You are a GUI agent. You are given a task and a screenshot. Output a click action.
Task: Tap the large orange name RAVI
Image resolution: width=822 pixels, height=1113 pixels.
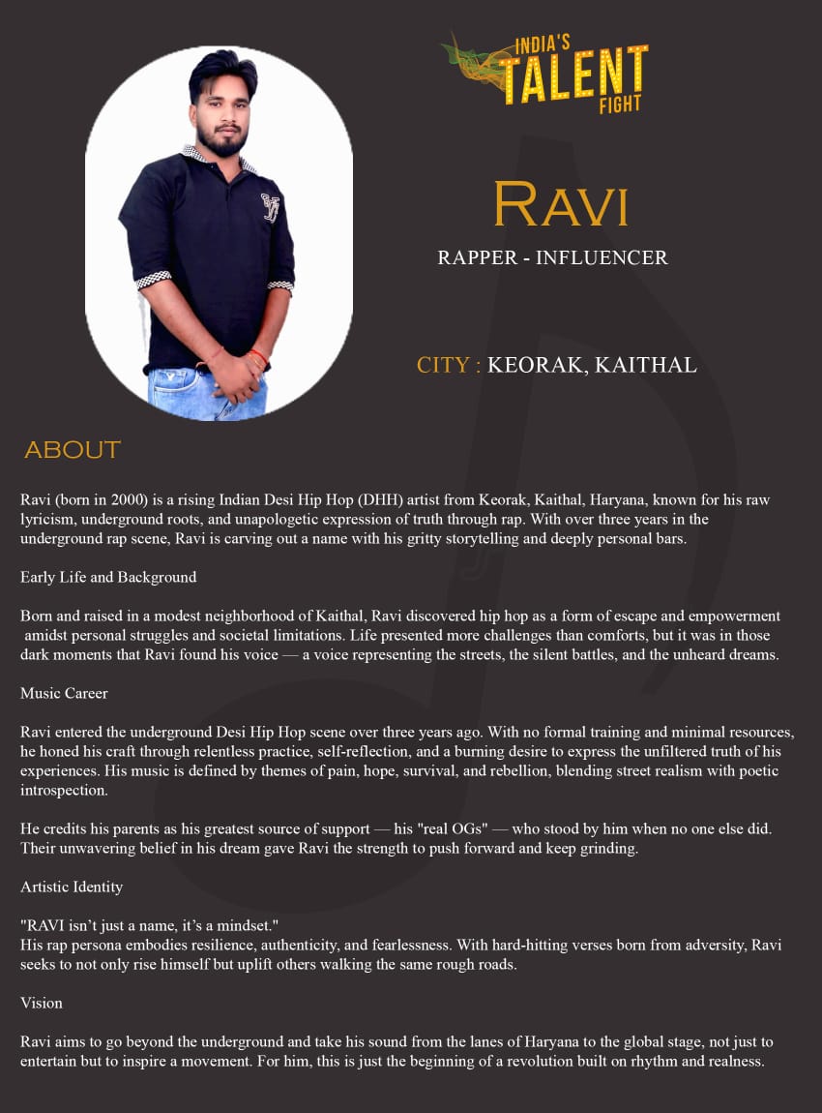pyautogui.click(x=561, y=204)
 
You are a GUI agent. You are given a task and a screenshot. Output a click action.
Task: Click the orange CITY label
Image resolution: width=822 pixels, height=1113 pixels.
pyautogui.click(x=449, y=365)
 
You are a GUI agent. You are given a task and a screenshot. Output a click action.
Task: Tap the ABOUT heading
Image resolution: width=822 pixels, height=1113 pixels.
pyautogui.click(x=73, y=450)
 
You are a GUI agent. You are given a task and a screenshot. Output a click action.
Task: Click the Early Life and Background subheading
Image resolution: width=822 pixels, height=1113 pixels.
pyautogui.click(x=108, y=577)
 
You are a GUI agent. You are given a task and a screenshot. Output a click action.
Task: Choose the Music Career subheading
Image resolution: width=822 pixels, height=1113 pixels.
pyautogui.click(x=64, y=693)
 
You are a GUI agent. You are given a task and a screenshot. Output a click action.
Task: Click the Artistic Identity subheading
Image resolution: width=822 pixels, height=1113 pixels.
pyautogui.click(x=72, y=887)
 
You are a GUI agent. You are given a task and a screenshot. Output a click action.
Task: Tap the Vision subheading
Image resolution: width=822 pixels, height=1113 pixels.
pyautogui.click(x=42, y=1003)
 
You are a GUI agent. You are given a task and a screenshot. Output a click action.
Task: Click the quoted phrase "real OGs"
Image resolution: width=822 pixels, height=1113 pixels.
pyautogui.click(x=423, y=828)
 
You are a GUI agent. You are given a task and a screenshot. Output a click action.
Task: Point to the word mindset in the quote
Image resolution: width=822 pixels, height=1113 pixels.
pyautogui.click(x=244, y=925)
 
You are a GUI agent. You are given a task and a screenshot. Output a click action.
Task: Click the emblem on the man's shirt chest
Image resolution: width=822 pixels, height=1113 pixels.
pyautogui.click(x=271, y=207)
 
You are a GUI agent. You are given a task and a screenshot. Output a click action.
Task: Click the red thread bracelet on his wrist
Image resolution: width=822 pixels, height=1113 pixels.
pyautogui.click(x=257, y=357)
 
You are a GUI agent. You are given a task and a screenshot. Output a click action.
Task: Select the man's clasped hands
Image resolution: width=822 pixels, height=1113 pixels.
pyautogui.click(x=234, y=374)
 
